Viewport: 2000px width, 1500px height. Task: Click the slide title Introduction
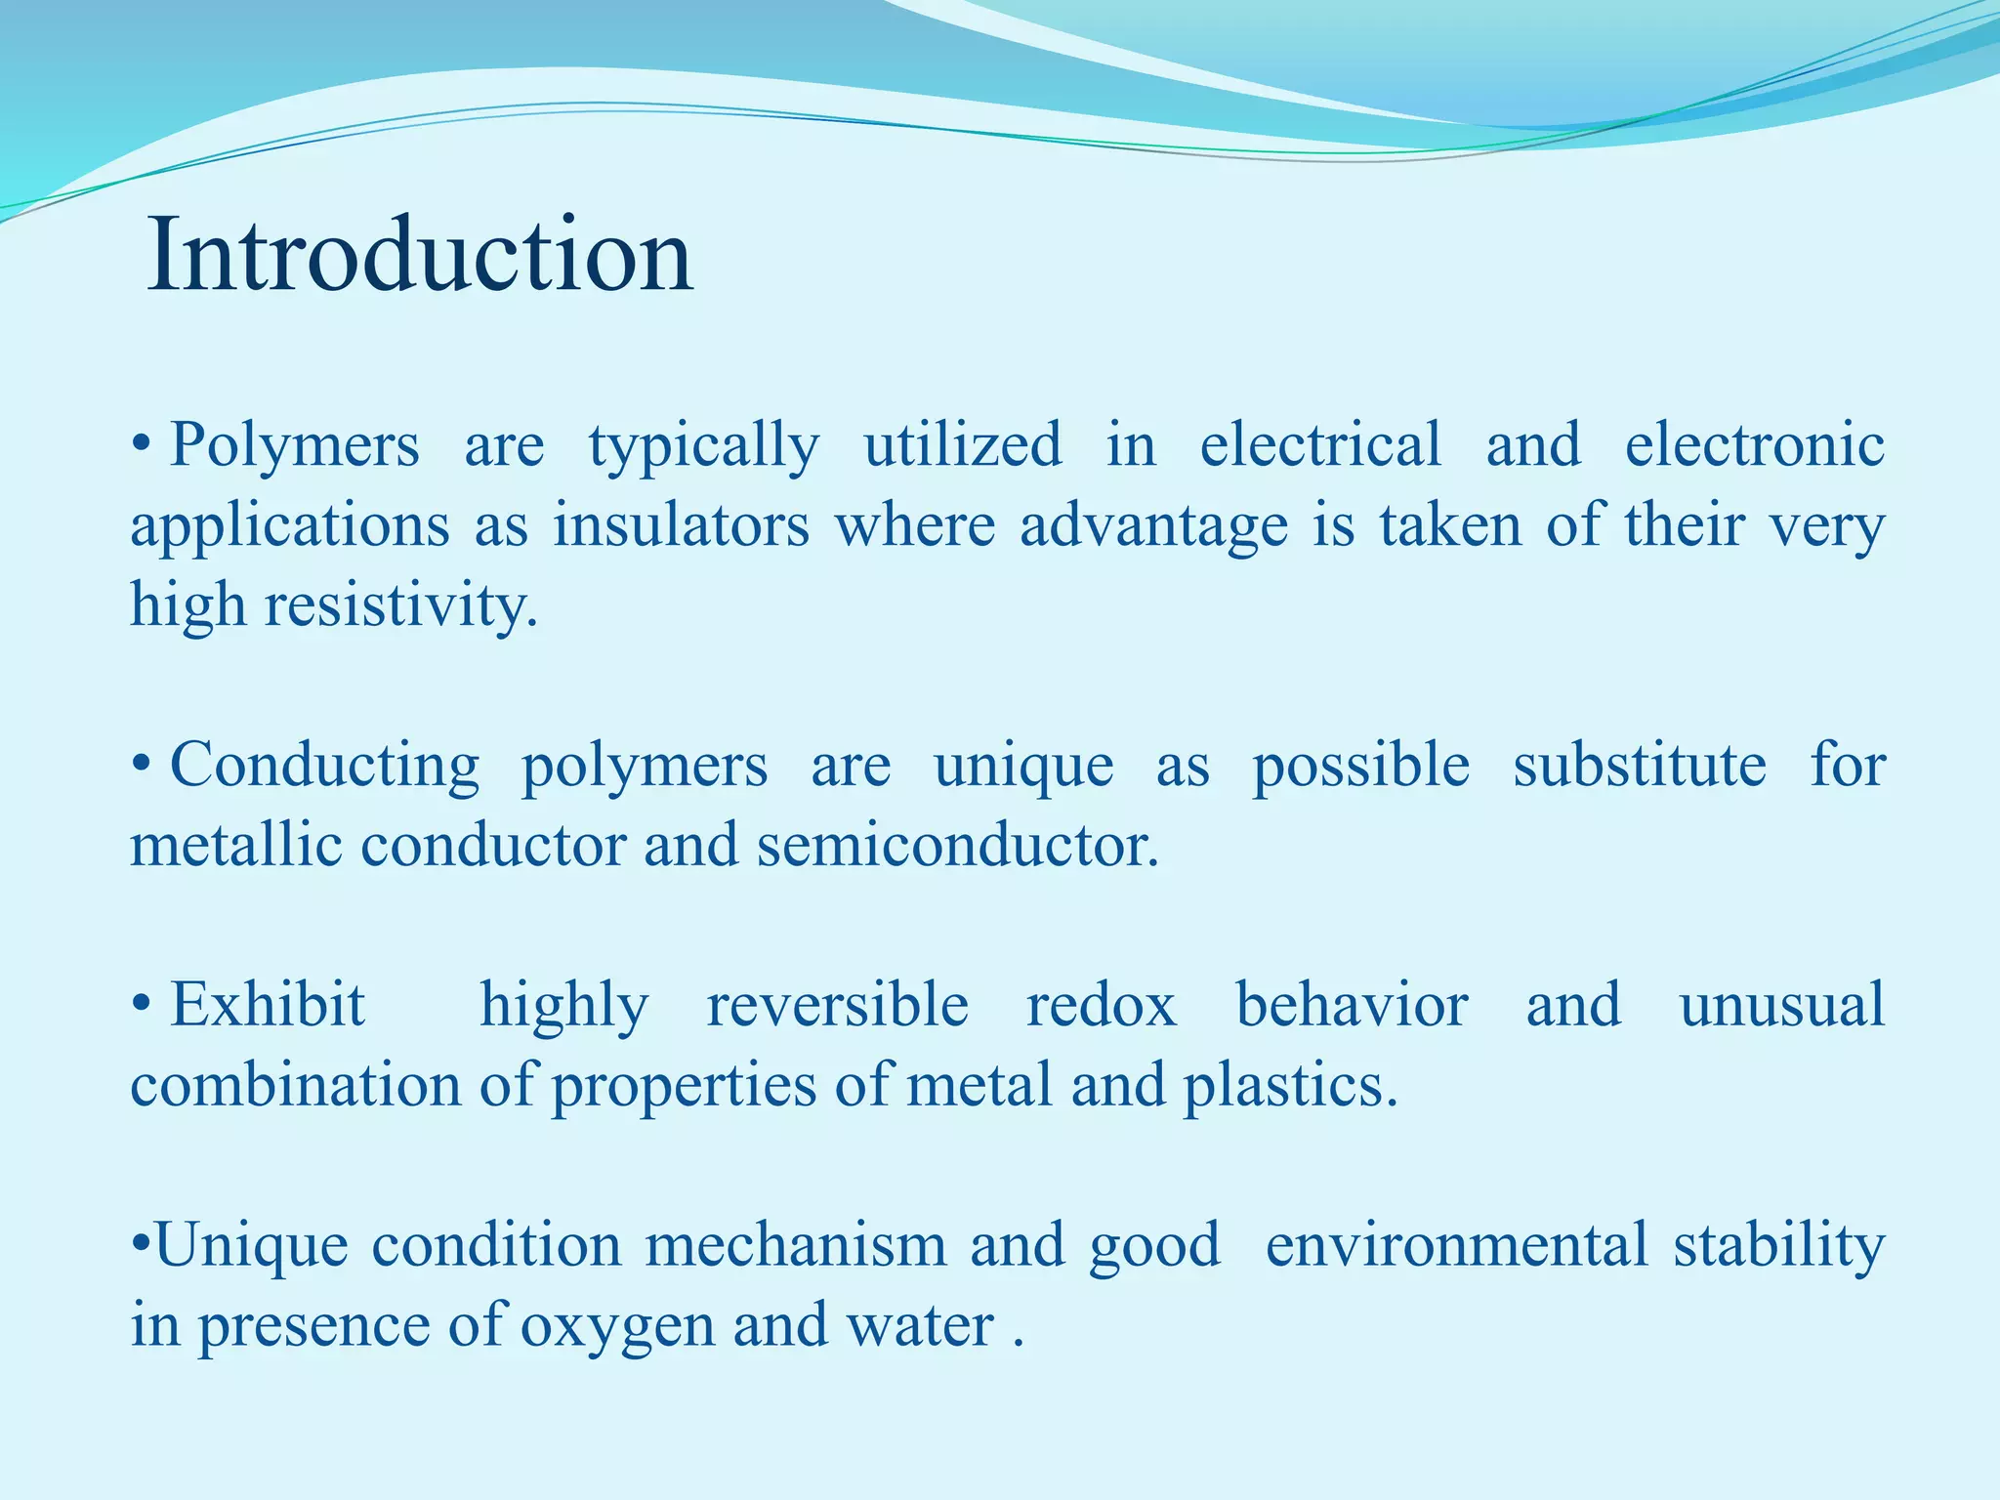point(420,256)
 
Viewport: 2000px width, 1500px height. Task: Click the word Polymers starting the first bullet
point(294,446)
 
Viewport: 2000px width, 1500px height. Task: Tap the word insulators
point(681,526)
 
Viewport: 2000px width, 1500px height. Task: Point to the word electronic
point(1754,446)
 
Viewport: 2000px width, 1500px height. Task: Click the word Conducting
point(324,766)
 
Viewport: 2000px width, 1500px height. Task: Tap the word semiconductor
point(957,846)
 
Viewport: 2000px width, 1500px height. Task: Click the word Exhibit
point(268,1006)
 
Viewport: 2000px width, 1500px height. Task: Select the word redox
point(1102,1006)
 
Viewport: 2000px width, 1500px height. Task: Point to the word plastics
point(1291,1086)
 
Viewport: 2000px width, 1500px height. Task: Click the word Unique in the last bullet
point(251,1246)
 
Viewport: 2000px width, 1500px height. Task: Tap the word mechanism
point(795,1246)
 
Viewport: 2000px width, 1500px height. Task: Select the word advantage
point(1154,526)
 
